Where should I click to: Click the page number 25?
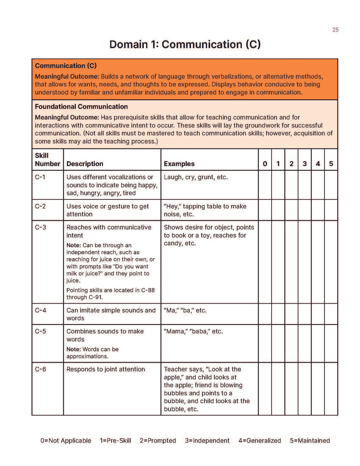(335, 29)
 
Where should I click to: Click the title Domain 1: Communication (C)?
(185, 44)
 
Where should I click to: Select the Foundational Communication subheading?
(81, 106)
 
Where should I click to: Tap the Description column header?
(85, 164)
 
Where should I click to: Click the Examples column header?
(179, 164)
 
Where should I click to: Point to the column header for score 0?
(265, 164)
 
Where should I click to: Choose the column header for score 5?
(331, 164)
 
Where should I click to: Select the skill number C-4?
(41, 310)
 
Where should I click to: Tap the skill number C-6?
(41, 369)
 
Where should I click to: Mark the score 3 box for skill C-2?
(304, 210)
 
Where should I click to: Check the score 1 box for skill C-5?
(278, 343)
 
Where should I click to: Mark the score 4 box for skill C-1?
(318, 185)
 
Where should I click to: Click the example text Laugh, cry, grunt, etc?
(196, 177)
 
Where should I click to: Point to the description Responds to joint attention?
(106, 369)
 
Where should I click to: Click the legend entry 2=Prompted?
(157, 440)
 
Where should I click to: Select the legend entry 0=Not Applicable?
(65, 440)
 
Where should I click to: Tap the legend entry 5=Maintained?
(310, 440)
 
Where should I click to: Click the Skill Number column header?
(47, 159)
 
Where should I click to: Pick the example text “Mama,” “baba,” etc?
(193, 331)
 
